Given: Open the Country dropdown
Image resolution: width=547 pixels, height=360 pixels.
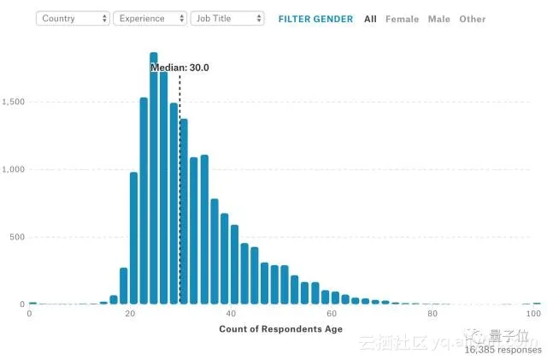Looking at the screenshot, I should coord(73,18).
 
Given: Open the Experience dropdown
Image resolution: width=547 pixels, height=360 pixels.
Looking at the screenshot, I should coord(150,18).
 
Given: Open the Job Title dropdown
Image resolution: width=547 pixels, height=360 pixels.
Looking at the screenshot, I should coord(226,18).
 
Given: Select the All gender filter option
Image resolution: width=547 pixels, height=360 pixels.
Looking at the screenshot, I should coord(370,19).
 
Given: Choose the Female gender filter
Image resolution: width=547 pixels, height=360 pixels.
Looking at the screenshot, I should coord(402,19).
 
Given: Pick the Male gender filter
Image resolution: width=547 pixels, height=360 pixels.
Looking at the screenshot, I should coord(438,19).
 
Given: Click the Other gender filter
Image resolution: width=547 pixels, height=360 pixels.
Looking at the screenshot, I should coord(472,19).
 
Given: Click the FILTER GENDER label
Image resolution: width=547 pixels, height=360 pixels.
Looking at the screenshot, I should coord(315,19).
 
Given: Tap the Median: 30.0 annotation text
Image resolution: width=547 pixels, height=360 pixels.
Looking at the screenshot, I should coord(179,68).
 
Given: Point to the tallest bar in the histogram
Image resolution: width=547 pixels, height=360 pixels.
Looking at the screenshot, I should coord(154,171).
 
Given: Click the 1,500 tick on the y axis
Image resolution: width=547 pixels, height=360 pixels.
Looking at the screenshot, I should coord(14,102).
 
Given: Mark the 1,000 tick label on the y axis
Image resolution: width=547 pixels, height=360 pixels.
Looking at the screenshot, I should coord(14,169).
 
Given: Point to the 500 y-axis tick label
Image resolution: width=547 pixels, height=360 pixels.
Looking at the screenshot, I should coord(17,237).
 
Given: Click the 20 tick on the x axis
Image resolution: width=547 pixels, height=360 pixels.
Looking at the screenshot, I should coord(130,315).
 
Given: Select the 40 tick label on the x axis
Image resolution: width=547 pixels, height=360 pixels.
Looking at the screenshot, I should coord(231,315).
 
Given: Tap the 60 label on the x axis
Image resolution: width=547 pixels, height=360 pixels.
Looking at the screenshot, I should coord(332,315).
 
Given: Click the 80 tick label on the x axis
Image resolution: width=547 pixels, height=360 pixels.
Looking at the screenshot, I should coord(432,315).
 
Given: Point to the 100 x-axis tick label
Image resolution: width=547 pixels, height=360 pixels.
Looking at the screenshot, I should coord(533,315).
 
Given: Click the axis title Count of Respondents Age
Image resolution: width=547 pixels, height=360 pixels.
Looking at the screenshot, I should coord(281,329).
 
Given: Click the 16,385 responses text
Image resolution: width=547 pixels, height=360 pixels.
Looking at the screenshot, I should coord(503,350).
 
